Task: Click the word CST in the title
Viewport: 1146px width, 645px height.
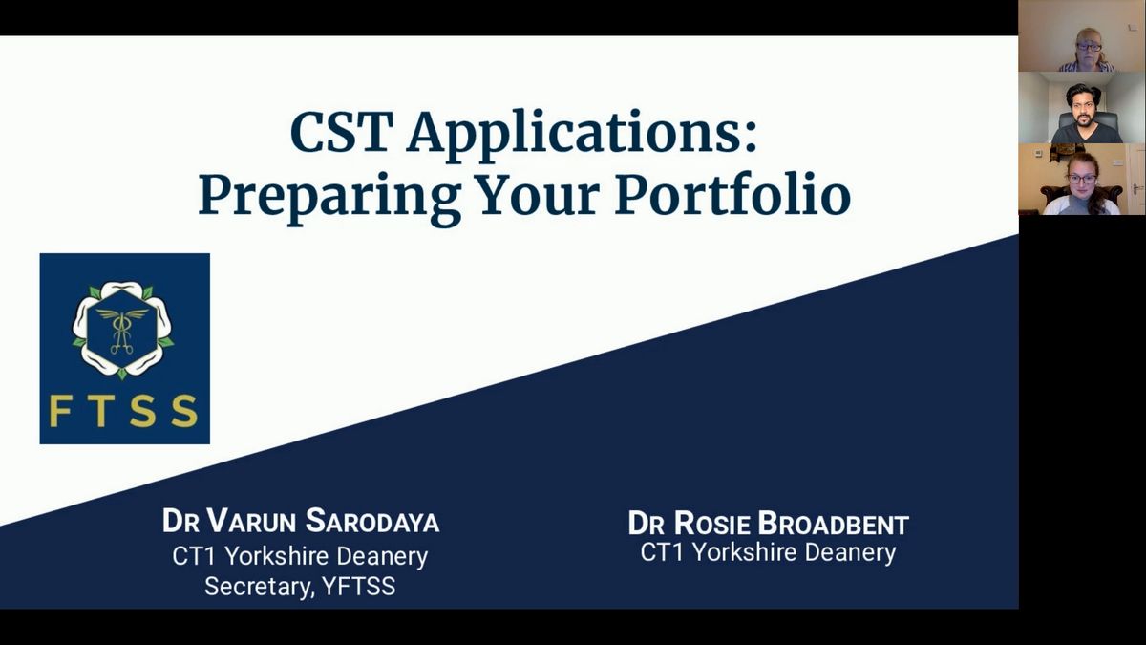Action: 338,132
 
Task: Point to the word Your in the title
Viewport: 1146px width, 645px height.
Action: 537,194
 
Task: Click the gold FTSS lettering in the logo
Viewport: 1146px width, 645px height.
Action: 124,411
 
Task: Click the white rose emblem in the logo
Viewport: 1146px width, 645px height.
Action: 123,331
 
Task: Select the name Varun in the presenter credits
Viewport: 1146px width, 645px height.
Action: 252,521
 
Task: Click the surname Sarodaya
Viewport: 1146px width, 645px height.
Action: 372,521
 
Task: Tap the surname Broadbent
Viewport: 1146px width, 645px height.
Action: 834,524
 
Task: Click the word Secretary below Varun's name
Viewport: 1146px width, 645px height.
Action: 260,587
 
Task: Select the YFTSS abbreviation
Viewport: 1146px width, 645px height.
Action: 359,587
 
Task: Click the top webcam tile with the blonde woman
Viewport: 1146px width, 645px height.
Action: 1082,36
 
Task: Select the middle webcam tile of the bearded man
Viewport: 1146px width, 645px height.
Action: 1082,107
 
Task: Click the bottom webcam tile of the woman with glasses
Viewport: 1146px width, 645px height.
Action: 1082,180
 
